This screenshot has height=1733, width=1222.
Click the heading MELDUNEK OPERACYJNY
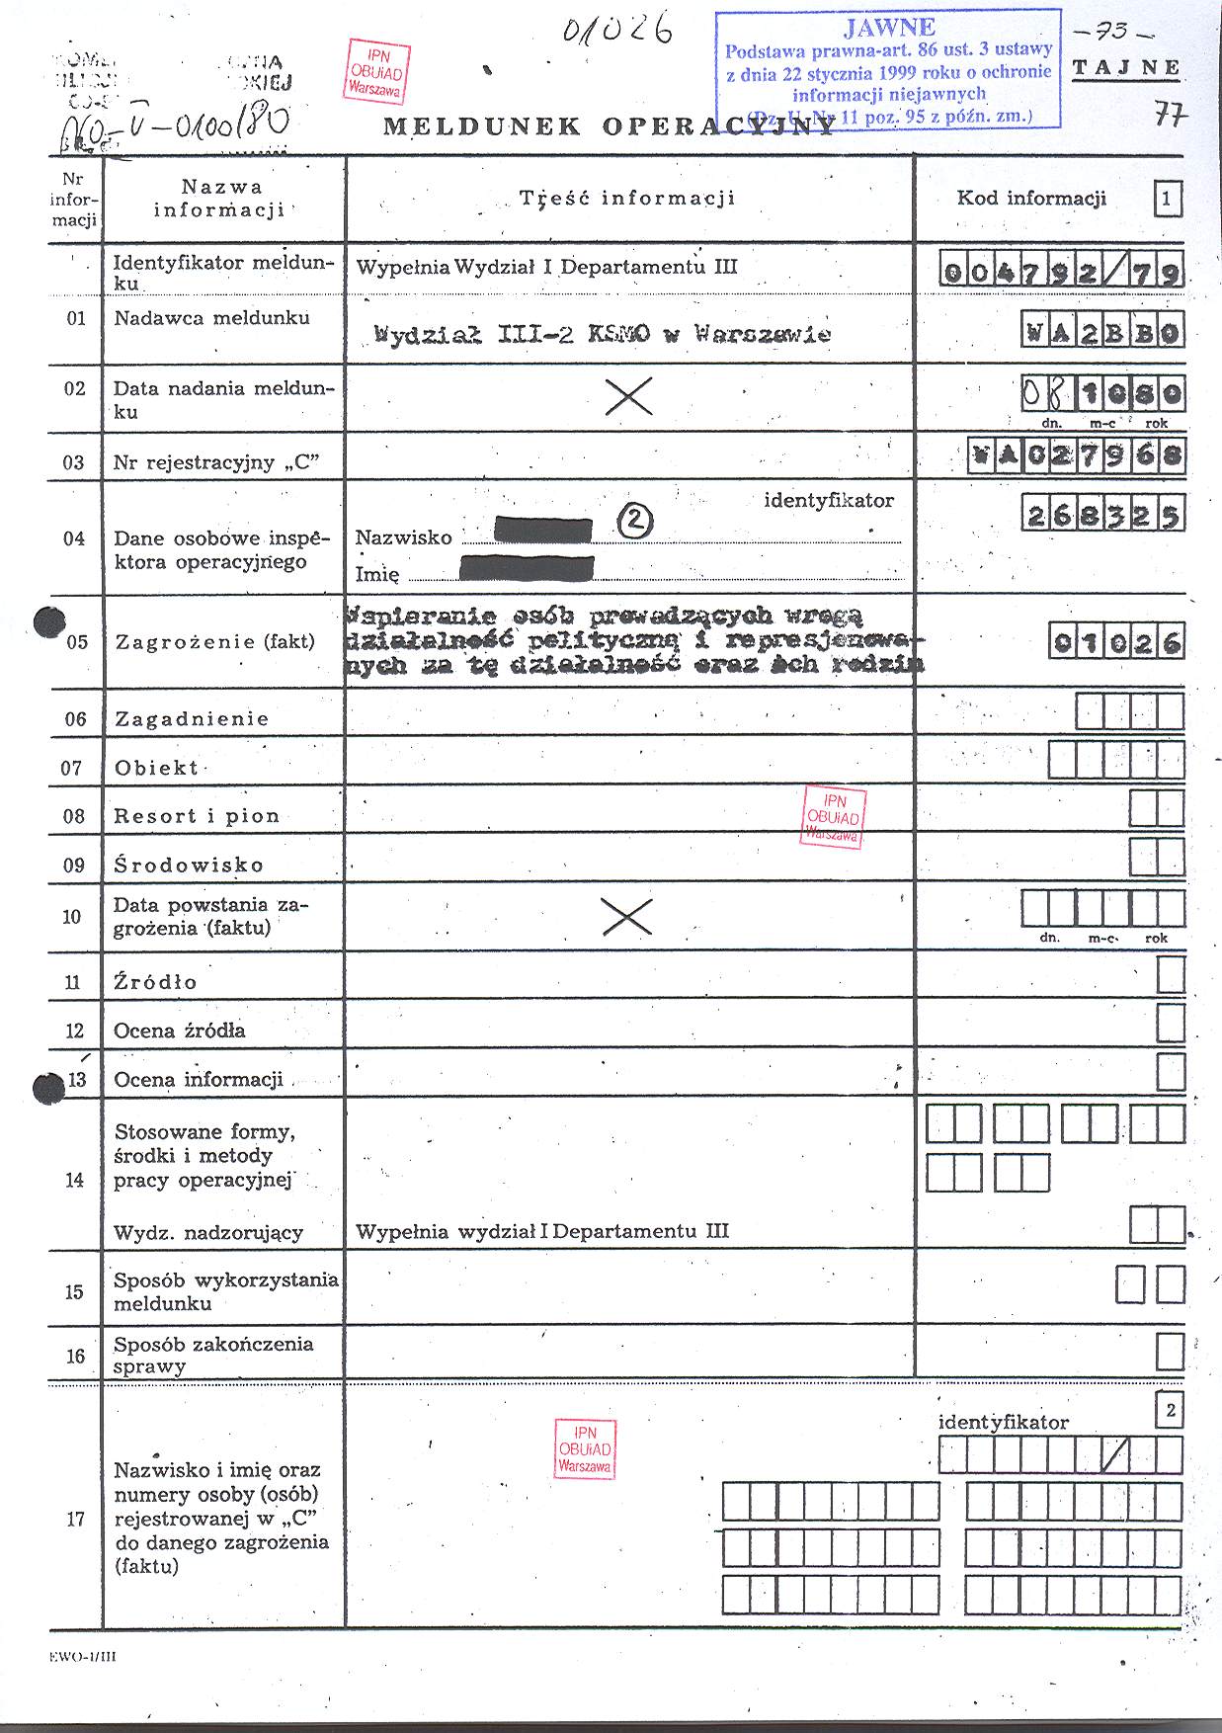[x=608, y=126]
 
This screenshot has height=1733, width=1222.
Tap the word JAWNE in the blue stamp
[x=889, y=28]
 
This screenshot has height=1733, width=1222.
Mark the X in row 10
[x=627, y=917]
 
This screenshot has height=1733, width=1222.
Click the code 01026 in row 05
[x=1116, y=643]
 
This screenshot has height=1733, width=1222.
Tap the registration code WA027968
[x=1077, y=457]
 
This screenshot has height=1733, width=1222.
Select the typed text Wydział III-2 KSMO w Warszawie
[x=603, y=334]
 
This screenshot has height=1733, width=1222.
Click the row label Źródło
[x=156, y=982]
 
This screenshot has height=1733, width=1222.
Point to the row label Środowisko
[x=189, y=865]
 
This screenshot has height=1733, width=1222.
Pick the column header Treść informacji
[x=627, y=198]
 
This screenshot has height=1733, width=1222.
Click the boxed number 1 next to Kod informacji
[x=1167, y=200]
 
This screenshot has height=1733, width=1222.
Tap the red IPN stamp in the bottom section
[x=585, y=1449]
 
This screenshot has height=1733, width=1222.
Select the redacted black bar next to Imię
[x=528, y=568]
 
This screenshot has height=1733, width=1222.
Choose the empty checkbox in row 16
[x=1170, y=1351]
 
